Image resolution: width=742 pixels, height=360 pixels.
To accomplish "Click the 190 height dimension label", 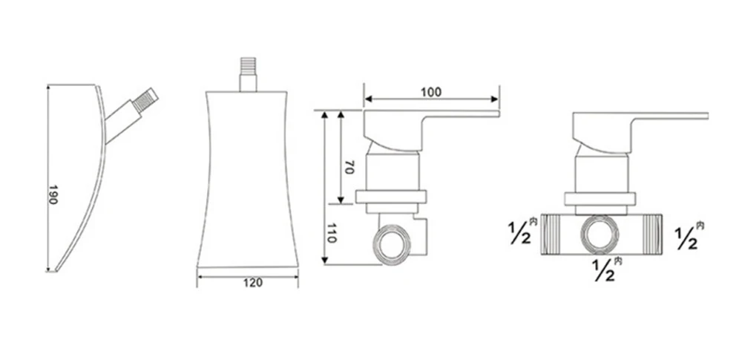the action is pyautogui.click(x=53, y=194).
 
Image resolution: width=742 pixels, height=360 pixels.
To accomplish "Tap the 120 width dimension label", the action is pyautogui.click(x=253, y=283).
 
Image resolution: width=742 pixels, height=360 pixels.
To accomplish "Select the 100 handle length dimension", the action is pyautogui.click(x=431, y=92).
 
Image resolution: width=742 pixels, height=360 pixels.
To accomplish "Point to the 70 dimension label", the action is pyautogui.click(x=349, y=167).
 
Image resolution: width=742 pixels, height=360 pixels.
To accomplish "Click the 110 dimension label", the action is pyautogui.click(x=331, y=233).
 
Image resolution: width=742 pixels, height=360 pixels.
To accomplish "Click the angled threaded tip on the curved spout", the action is pyautogui.click(x=145, y=100).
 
